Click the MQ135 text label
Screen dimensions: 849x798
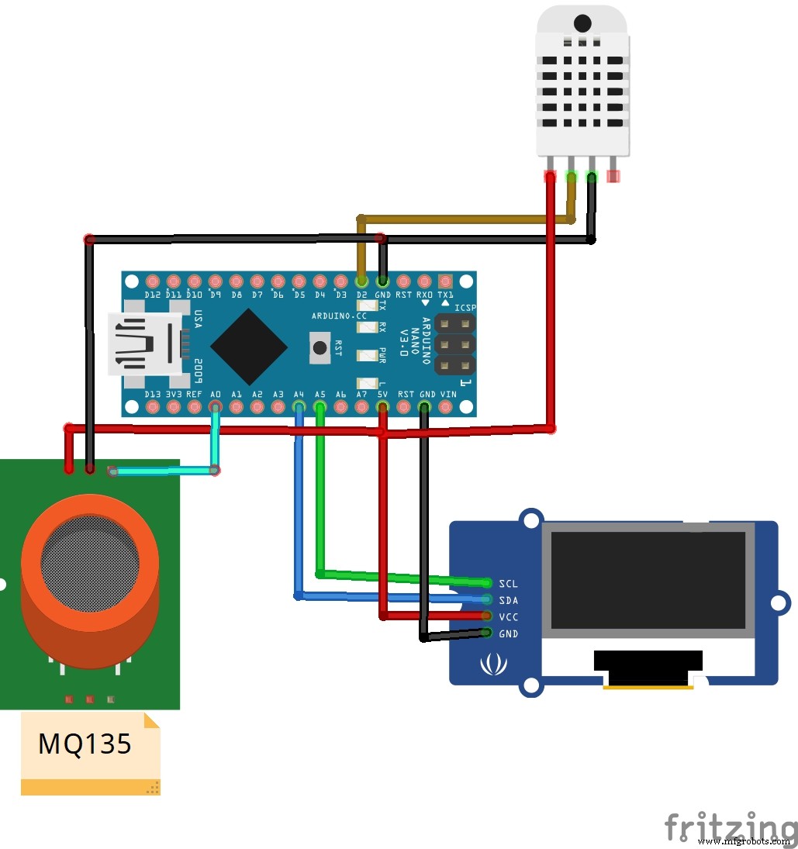[85, 744]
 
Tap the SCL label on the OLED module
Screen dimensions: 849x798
[509, 583]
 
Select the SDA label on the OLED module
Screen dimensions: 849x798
[509, 600]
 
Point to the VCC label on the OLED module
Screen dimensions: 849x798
[509, 617]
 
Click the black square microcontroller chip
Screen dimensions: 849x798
[249, 347]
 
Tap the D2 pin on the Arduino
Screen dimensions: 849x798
[361, 281]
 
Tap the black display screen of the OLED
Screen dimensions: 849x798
[648, 579]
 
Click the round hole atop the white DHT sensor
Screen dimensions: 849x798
[582, 23]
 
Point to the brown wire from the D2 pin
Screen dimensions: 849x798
[465, 219]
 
